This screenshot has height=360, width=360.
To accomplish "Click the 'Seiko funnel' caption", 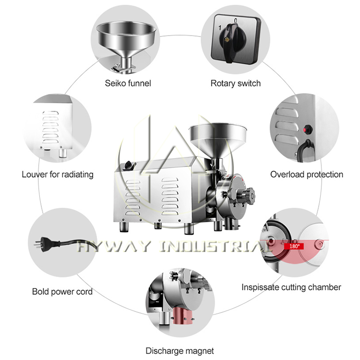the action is coord(128,83).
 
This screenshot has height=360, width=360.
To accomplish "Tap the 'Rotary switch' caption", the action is coord(236,83).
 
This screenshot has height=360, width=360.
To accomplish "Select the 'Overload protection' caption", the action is coord(306,174).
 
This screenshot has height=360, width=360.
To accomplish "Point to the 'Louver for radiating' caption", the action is coord(58,174).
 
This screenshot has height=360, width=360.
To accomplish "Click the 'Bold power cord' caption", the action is coord(62,291).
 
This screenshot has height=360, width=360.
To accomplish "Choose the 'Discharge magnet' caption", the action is coord(180,351).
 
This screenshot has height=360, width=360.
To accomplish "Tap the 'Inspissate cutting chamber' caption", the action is coord(291,287).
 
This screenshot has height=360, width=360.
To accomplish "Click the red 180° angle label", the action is coord(294,246).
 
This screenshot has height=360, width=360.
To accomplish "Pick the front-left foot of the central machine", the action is coord(123,226).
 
